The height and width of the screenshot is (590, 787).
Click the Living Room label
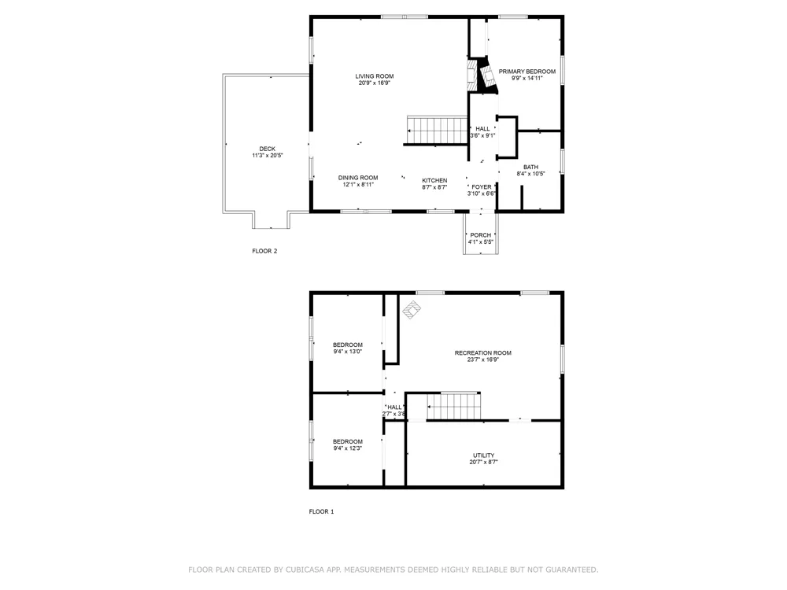pos(375,76)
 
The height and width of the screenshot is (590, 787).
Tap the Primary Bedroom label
pos(527,72)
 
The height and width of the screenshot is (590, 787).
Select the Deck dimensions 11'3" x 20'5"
pos(268,156)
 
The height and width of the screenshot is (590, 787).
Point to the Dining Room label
pos(358,178)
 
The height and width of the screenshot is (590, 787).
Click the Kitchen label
pos(434,180)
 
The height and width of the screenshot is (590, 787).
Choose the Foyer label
pos(482,186)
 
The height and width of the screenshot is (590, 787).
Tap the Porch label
pos(481,234)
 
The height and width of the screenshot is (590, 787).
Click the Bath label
pos(531,167)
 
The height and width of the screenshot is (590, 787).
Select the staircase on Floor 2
pos(437,131)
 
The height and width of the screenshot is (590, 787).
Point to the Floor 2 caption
pos(264,251)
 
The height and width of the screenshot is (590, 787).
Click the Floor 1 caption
pos(321,511)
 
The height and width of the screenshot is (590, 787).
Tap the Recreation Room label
pos(483,352)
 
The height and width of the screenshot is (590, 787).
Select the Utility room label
pos(484,455)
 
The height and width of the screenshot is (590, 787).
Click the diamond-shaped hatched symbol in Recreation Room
pos(412,310)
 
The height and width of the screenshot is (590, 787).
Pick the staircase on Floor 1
pos(454,405)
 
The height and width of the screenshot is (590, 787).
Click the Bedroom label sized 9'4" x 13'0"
pos(347,345)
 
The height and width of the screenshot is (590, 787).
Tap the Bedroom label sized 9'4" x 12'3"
pos(347,441)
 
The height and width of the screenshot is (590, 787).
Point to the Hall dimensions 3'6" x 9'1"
pos(483,135)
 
